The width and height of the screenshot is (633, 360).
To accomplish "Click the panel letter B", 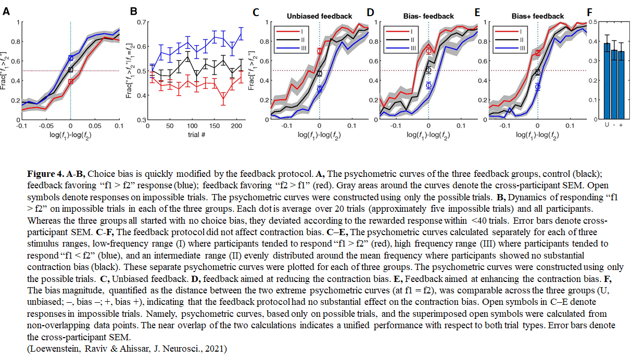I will pyautogui.click(x=133, y=10).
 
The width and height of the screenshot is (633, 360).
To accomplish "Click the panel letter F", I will pyautogui.click(x=589, y=10).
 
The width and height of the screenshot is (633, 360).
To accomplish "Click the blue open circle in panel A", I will pyautogui.click(x=71, y=58).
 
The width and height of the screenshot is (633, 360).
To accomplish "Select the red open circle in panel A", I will pyautogui.click(x=71, y=81).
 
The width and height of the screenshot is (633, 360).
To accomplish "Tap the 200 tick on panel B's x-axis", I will pyautogui.click(x=237, y=126).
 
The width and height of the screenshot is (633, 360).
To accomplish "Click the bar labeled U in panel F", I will pyautogui.click(x=607, y=83).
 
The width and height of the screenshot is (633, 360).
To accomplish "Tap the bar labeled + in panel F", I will pyautogui.click(x=621, y=86).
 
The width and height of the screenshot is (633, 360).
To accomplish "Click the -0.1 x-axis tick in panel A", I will pyautogui.click(x=21, y=126).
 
